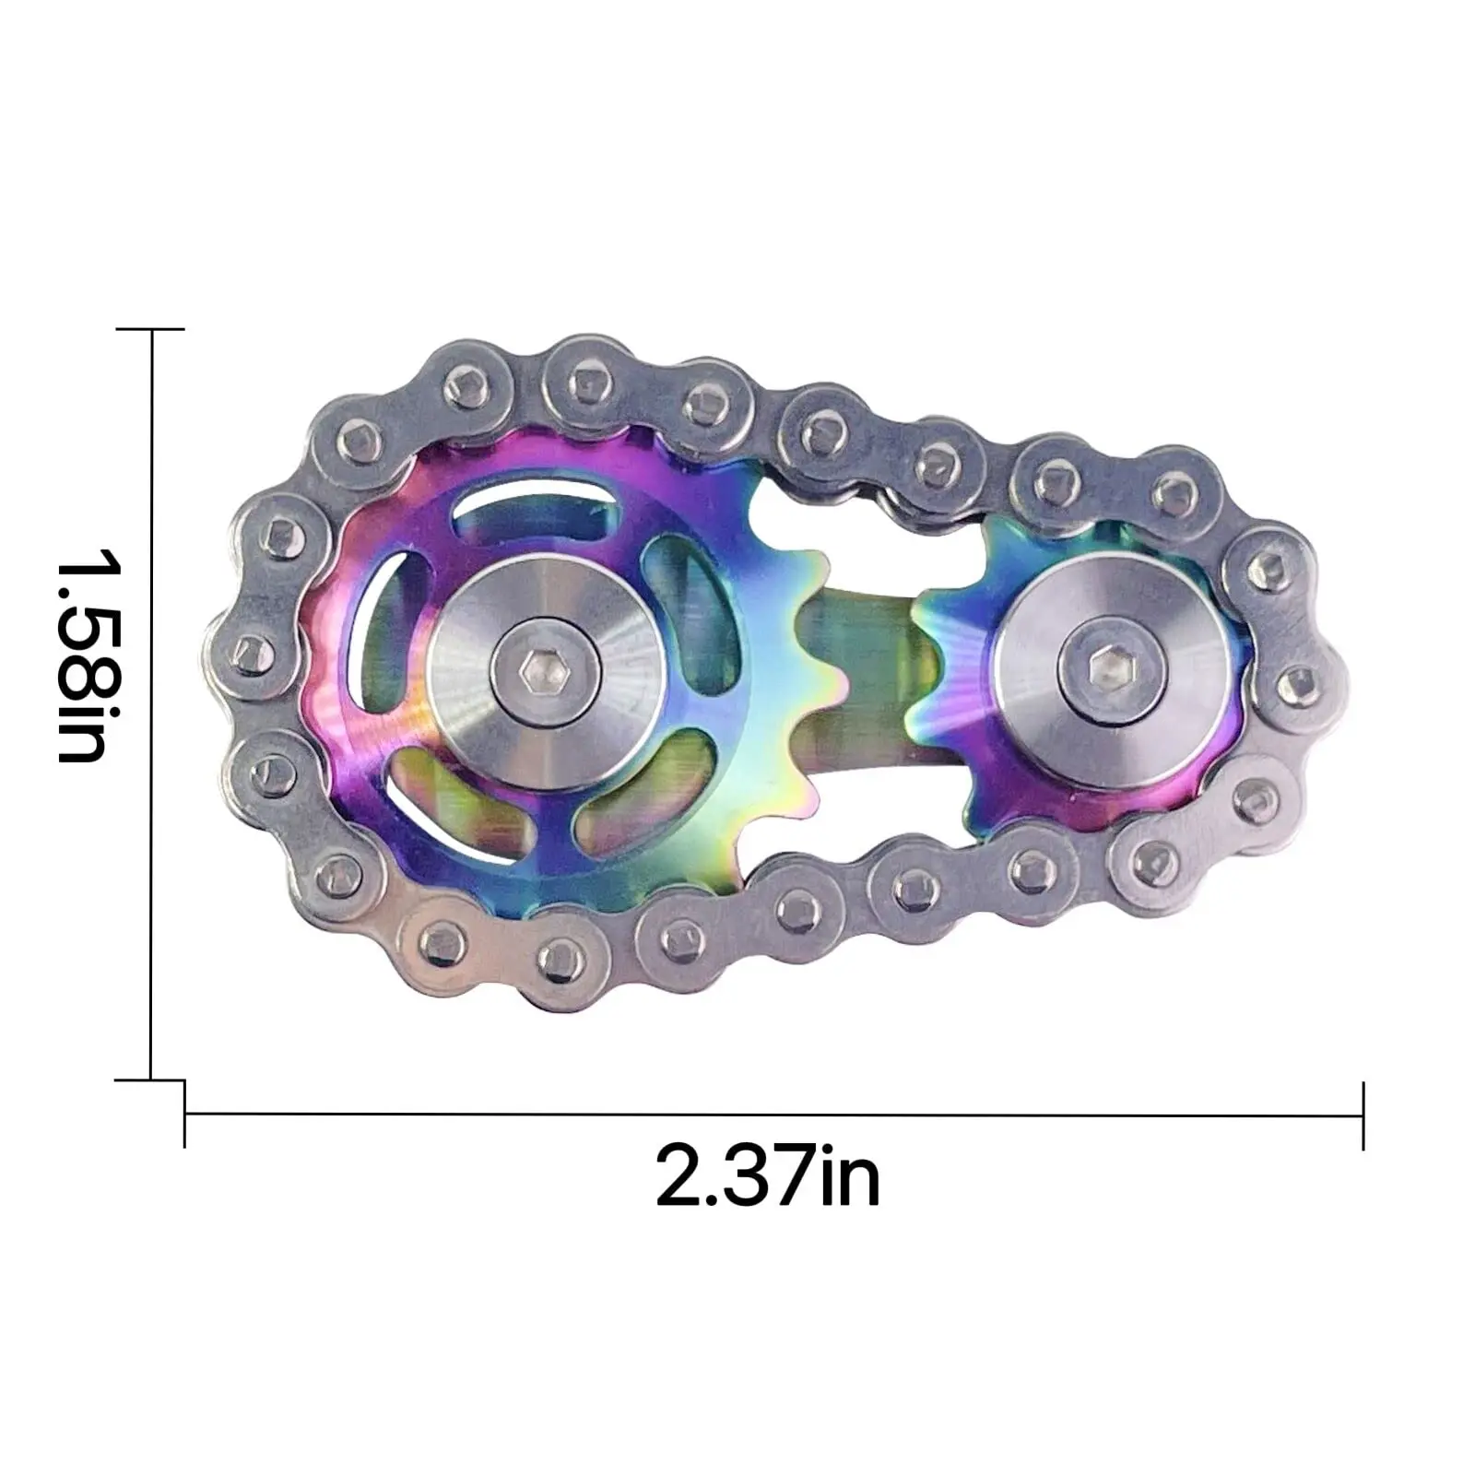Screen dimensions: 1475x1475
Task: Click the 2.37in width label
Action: point(767,1175)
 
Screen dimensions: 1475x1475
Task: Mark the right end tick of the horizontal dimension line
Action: point(1363,1115)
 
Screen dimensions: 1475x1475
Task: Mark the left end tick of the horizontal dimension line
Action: point(185,1115)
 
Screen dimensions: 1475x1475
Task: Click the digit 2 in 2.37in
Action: point(680,1175)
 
